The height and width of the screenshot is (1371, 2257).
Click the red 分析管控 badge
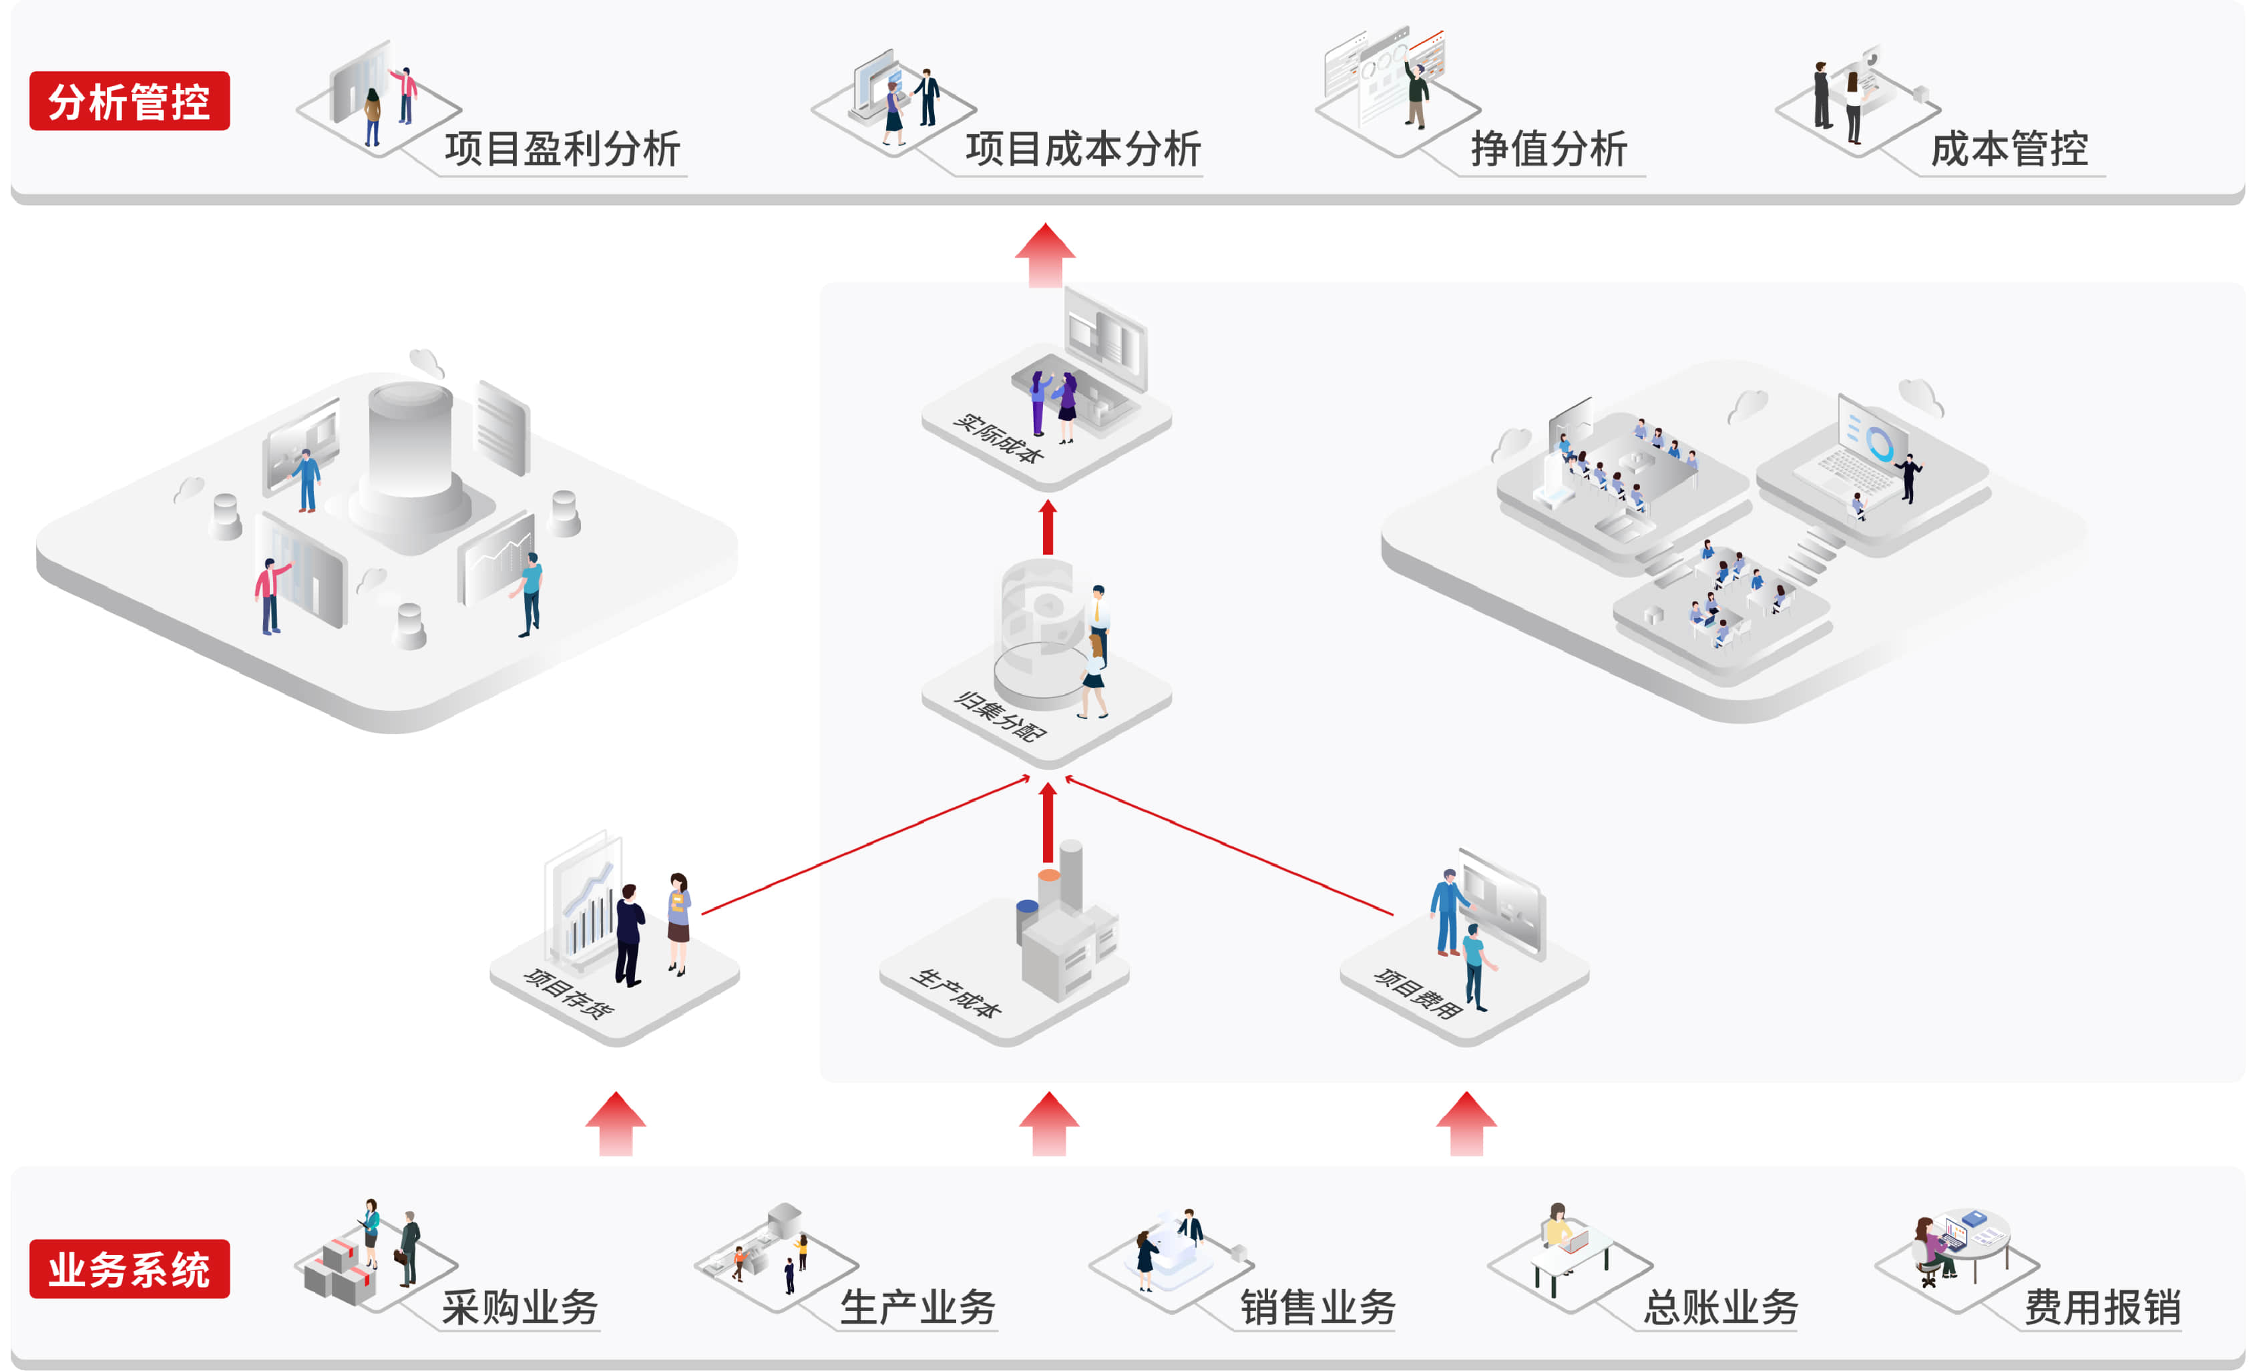pos(129,101)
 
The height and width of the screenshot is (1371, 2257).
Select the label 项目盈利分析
pos(562,148)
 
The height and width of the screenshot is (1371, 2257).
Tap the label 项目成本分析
pos(1082,148)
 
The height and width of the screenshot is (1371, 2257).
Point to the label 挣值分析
pos(1548,148)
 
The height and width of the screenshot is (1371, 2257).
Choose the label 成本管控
pos(2009,148)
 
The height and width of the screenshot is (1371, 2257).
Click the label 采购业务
pos(520,1306)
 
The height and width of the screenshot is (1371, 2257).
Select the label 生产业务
pos(917,1306)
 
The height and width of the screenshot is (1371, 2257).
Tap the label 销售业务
pos(1317,1306)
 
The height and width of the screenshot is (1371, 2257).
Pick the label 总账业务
pos(1719,1306)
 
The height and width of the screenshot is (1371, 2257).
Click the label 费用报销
pos(2101,1306)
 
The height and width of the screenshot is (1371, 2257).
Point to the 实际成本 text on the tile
pos(998,439)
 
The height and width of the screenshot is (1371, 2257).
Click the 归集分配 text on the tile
pos(1000,716)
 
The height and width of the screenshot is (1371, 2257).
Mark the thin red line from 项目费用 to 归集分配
pos(1227,845)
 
